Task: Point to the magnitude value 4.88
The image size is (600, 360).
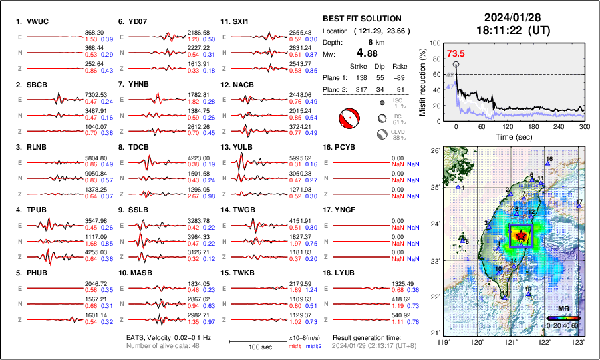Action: pyautogui.click(x=370, y=53)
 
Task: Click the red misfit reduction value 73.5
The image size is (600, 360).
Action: pyautogui.click(x=456, y=54)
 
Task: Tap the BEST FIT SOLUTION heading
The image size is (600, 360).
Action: pyautogui.click(x=362, y=19)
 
